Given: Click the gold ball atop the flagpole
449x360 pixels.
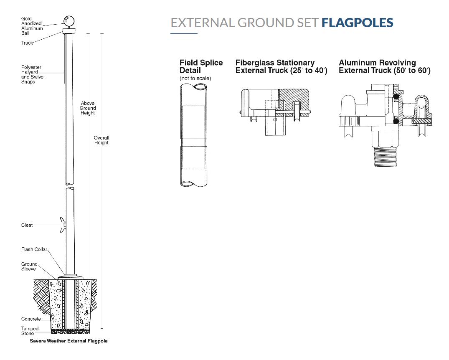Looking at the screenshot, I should [x=68, y=21].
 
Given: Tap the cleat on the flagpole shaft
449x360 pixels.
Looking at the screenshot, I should [x=63, y=225].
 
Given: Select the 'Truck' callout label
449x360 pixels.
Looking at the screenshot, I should [x=27, y=43].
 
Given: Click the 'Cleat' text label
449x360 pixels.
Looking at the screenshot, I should [x=27, y=225].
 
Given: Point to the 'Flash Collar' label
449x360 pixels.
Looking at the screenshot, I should [x=34, y=249].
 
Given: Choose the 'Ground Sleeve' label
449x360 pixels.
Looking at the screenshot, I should [x=29, y=266].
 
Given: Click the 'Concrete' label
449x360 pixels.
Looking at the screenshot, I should [x=31, y=319].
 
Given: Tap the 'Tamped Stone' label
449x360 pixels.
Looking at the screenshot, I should [x=30, y=331].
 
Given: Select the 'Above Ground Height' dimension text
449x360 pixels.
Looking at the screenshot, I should [x=88, y=108].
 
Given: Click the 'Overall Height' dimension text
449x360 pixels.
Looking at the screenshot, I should [x=101, y=140].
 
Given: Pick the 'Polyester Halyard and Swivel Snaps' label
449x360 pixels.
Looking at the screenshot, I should [x=33, y=74].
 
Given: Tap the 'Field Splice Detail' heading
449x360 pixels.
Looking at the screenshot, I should [x=201, y=66].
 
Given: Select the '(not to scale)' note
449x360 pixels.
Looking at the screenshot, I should [x=195, y=79].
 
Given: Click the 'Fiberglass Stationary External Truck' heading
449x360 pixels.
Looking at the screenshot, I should [x=281, y=66].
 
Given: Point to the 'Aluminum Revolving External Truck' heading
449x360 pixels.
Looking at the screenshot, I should [x=384, y=66].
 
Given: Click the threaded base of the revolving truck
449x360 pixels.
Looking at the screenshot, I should [x=384, y=157].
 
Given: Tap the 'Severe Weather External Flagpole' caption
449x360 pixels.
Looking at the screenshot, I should [x=68, y=341].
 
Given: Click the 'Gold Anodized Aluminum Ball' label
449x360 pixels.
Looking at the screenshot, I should [x=32, y=26].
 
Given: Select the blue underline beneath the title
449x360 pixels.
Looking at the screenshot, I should [x=184, y=33].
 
